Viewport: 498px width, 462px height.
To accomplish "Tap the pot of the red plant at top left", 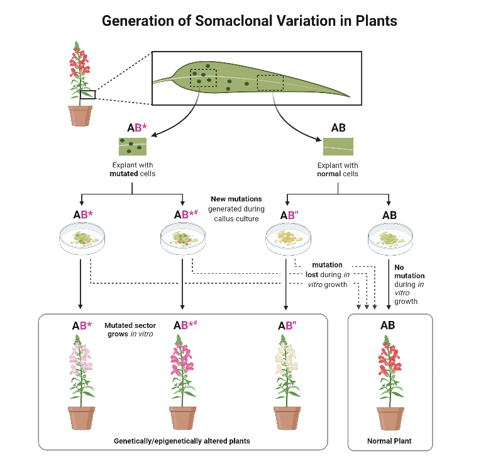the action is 80,116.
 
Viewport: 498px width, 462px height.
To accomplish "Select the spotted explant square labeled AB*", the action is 133,147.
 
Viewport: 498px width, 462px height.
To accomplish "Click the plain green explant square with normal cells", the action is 338,147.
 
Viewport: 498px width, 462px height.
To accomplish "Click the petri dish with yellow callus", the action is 288,239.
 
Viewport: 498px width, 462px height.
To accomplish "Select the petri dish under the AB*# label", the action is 183,239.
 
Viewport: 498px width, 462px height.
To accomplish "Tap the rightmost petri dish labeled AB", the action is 390,239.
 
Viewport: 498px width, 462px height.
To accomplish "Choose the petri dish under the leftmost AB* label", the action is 82,239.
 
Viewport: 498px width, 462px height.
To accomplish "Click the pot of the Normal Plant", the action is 390,419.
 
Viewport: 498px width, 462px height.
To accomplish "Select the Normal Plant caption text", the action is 389,441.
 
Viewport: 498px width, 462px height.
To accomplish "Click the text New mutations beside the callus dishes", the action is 236,199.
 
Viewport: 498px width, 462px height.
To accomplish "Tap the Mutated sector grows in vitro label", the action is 130,330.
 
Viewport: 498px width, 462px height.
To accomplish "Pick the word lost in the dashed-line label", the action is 312,274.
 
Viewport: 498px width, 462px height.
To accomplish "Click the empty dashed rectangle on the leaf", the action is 270,82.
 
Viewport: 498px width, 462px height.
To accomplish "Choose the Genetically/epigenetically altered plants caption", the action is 182,441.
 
